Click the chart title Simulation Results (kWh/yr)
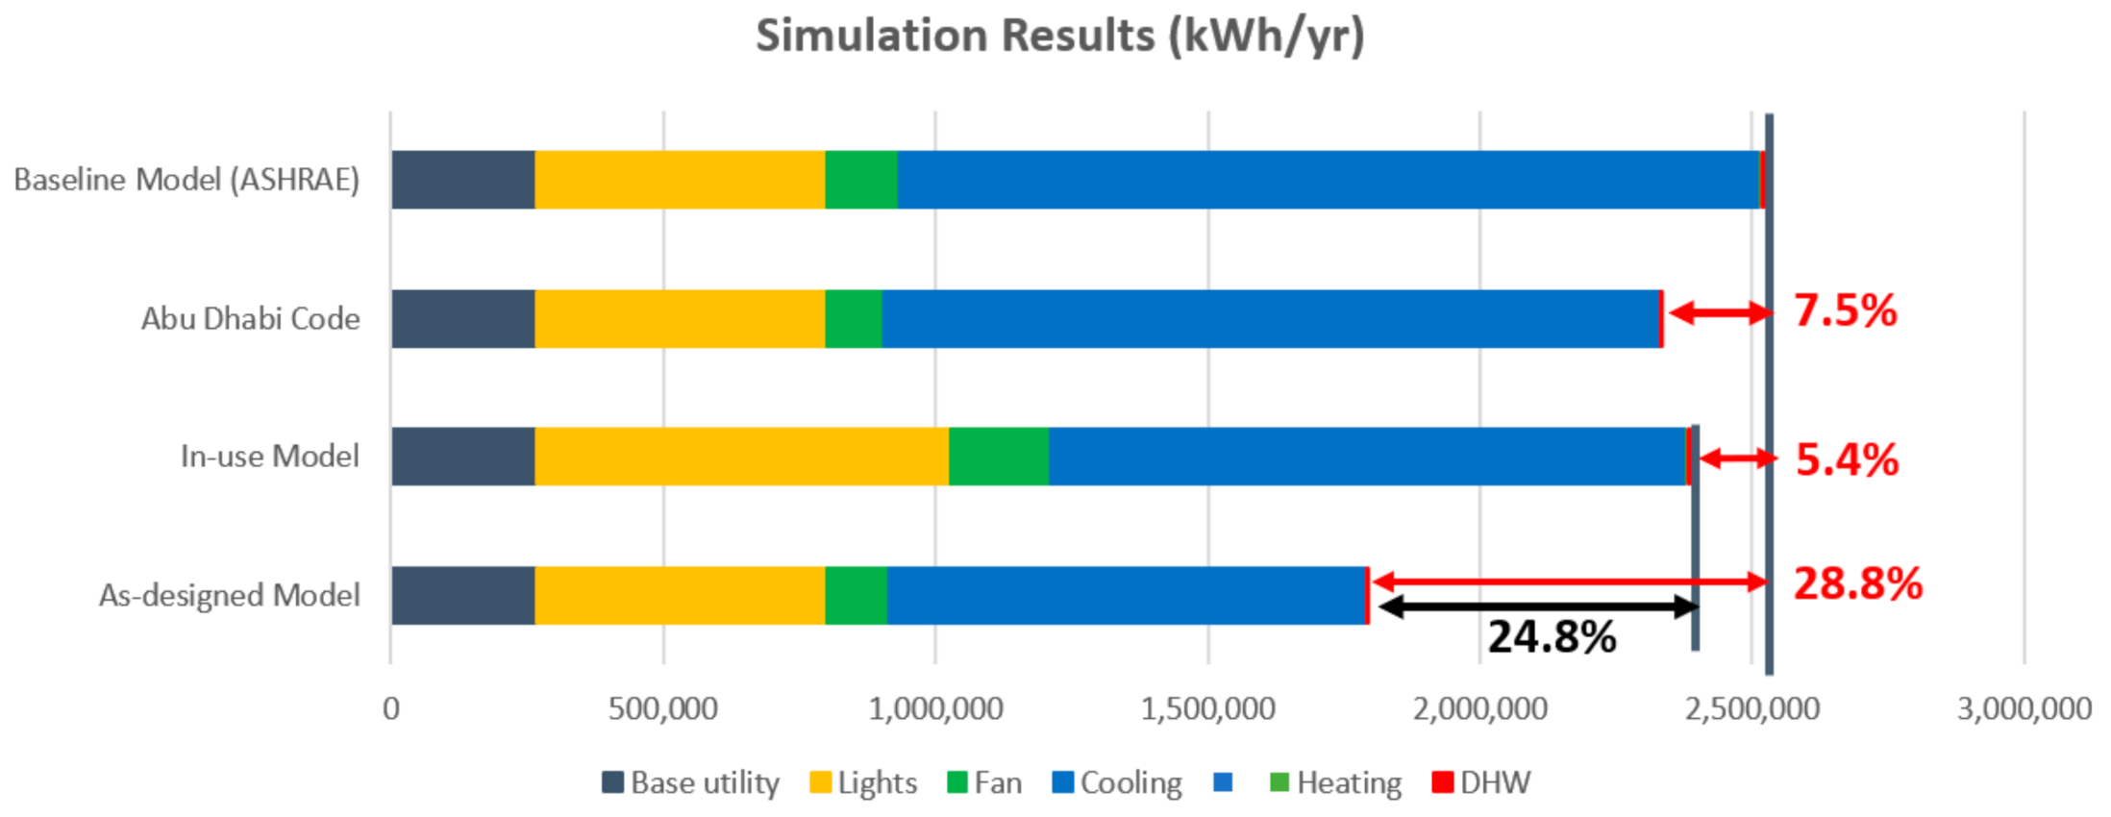click(x=1059, y=37)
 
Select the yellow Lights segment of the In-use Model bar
click(x=741, y=457)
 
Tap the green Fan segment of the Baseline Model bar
click(x=861, y=180)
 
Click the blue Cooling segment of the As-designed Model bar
click(x=1126, y=596)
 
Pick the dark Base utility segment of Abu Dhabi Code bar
click(x=462, y=319)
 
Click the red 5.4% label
click(x=1847, y=459)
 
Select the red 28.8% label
click(x=1857, y=583)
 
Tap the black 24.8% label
click(x=1552, y=636)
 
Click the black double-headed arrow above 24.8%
click(x=1537, y=607)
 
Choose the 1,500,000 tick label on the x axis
click(x=1207, y=709)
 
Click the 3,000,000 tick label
click(x=2024, y=709)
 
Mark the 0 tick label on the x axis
click(x=390, y=709)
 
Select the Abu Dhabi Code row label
click(x=250, y=319)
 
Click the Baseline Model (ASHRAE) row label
click(x=186, y=180)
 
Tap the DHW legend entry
click(x=1481, y=782)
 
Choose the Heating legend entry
click(x=1336, y=782)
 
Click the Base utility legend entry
click(x=691, y=782)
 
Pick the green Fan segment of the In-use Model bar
click(x=998, y=457)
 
